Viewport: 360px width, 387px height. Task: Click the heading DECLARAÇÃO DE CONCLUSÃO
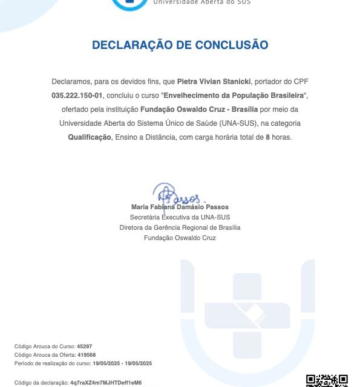[x=180, y=45]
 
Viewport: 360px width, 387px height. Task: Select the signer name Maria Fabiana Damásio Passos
[x=180, y=207]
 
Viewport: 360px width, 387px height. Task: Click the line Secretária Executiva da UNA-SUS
[x=180, y=217]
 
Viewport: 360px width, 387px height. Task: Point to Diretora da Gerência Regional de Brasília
[x=180, y=227]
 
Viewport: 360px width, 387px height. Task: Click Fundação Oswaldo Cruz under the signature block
[x=180, y=238]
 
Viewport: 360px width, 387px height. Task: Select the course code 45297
[x=84, y=346]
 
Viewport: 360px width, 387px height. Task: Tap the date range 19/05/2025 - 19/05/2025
[x=122, y=363]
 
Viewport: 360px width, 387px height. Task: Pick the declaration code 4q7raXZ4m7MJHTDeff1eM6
[x=106, y=383]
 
